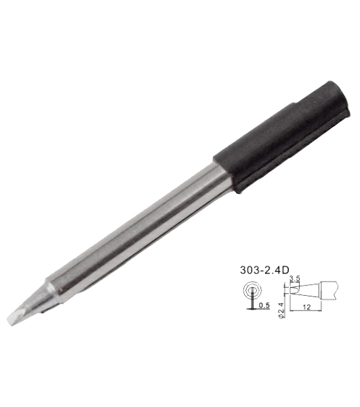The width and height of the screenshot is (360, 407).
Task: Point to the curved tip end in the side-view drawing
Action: [x=291, y=292]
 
